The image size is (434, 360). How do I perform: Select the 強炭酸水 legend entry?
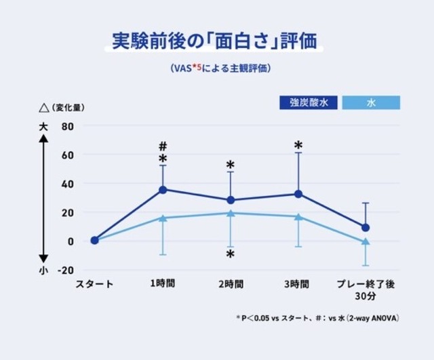click(309, 103)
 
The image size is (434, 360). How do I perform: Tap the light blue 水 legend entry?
click(370, 103)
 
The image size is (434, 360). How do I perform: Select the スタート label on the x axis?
click(94, 283)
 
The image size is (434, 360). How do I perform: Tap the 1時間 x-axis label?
click(163, 283)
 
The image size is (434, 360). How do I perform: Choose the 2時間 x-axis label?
click(231, 283)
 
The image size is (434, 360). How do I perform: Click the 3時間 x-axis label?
click(298, 283)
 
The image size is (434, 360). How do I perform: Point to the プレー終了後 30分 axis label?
click(366, 289)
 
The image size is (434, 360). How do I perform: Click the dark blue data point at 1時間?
click(163, 190)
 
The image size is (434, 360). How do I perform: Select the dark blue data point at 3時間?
click(298, 194)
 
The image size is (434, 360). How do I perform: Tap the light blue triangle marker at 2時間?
click(231, 213)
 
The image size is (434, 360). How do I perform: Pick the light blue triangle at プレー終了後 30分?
click(366, 241)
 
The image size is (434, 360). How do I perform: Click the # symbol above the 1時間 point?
click(163, 146)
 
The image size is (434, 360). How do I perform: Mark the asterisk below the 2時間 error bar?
click(231, 254)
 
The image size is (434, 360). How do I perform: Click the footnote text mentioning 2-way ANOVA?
click(317, 317)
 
